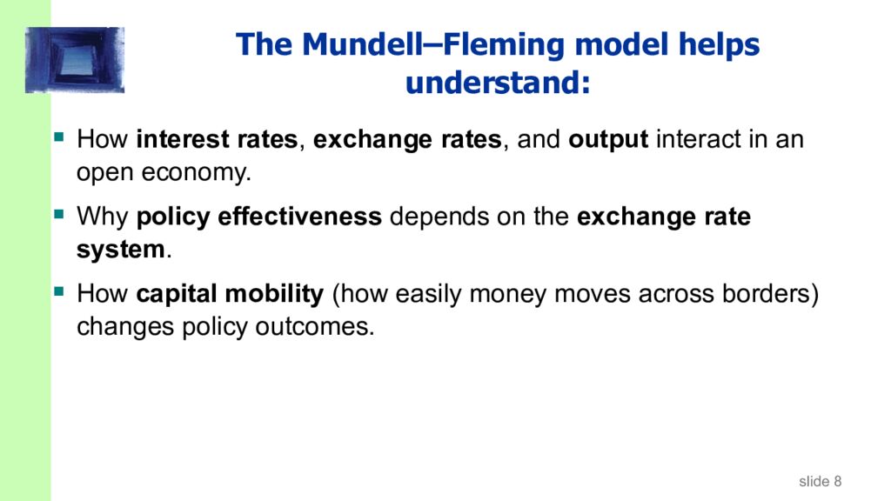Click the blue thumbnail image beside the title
point(75,60)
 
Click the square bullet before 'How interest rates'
point(59,137)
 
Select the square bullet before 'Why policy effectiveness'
point(59,213)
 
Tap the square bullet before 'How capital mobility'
point(59,291)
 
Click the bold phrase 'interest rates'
point(218,140)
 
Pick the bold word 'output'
point(608,140)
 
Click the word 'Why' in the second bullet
point(104,217)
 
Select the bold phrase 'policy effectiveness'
point(259,217)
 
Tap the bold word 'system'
point(120,250)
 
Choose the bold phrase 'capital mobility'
point(230,294)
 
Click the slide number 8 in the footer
point(836,481)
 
